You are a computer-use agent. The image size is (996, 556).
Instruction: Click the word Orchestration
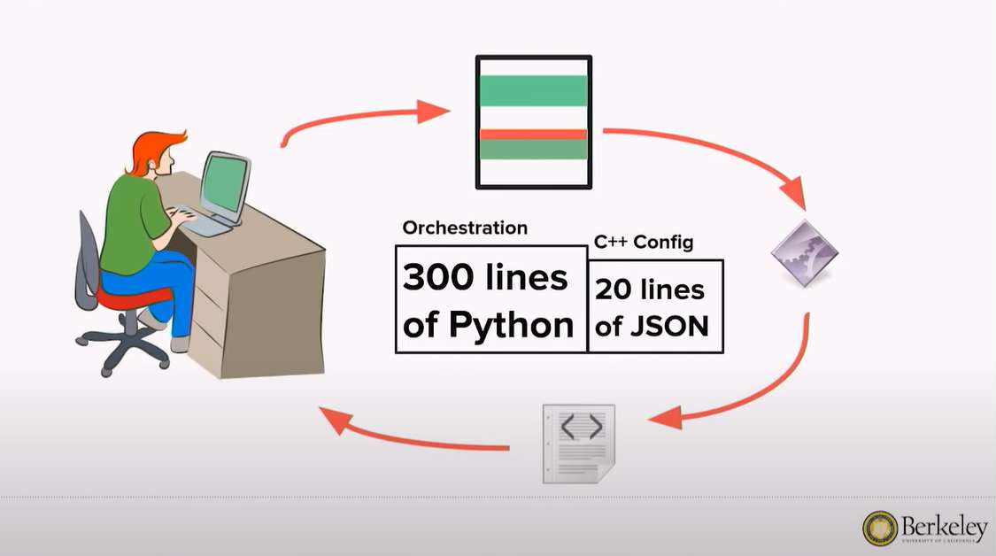[x=465, y=228]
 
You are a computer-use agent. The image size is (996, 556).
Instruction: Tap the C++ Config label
[x=644, y=243]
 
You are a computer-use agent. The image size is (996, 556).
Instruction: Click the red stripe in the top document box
[x=533, y=135]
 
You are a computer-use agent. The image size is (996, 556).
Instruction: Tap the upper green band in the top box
[x=533, y=90]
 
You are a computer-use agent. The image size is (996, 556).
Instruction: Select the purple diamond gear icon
[x=804, y=253]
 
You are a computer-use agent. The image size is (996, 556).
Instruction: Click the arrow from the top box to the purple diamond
[x=708, y=151]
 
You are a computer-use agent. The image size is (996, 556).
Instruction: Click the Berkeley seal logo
[x=880, y=528]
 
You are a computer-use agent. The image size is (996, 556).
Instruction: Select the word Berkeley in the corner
[x=945, y=525]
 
